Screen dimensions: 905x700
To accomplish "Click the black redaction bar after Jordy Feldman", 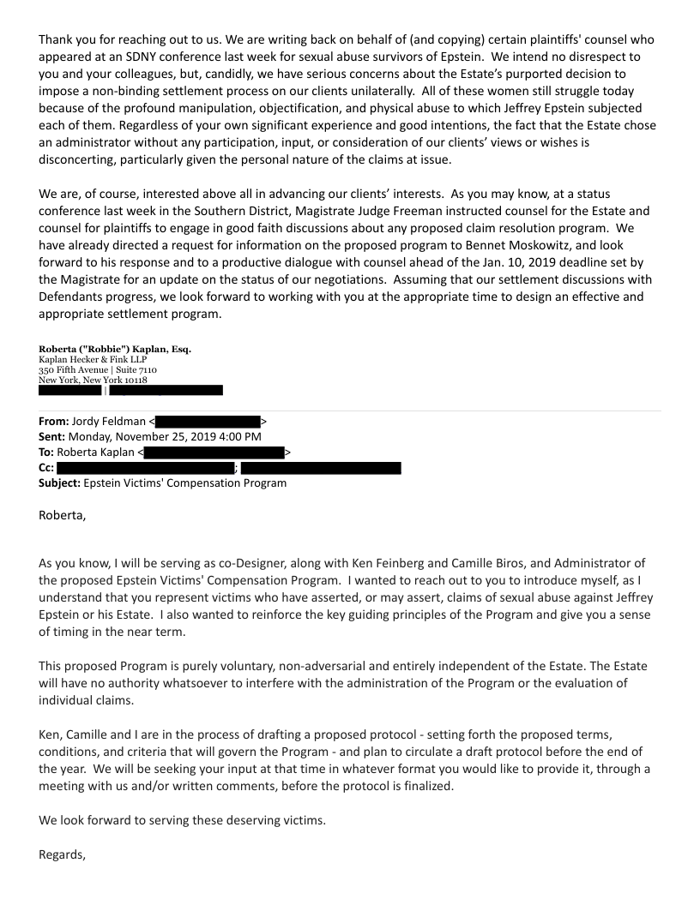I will click(208, 422).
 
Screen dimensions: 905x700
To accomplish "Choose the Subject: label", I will click(59, 483).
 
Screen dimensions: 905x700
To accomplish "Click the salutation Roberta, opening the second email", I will click(63, 516).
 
